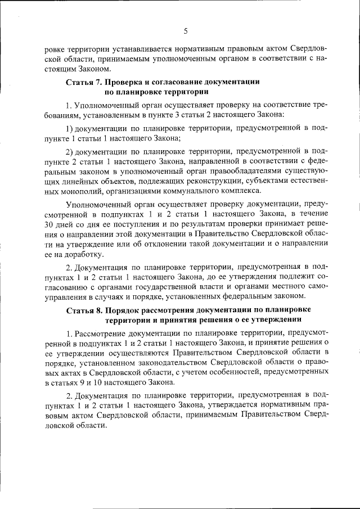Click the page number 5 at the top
(x=184, y=30)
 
